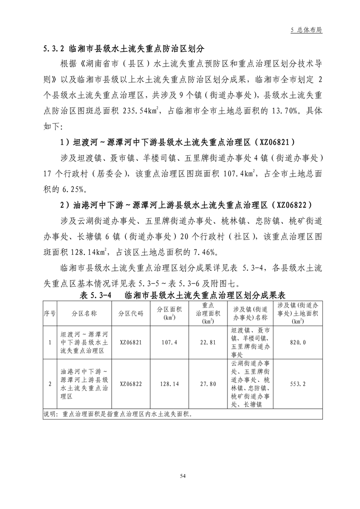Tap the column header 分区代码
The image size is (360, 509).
tap(131, 313)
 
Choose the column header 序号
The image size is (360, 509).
tap(49, 313)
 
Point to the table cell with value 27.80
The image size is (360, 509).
tap(207, 383)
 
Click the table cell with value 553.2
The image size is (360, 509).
tap(297, 383)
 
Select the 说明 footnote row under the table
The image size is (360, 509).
tap(118, 414)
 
